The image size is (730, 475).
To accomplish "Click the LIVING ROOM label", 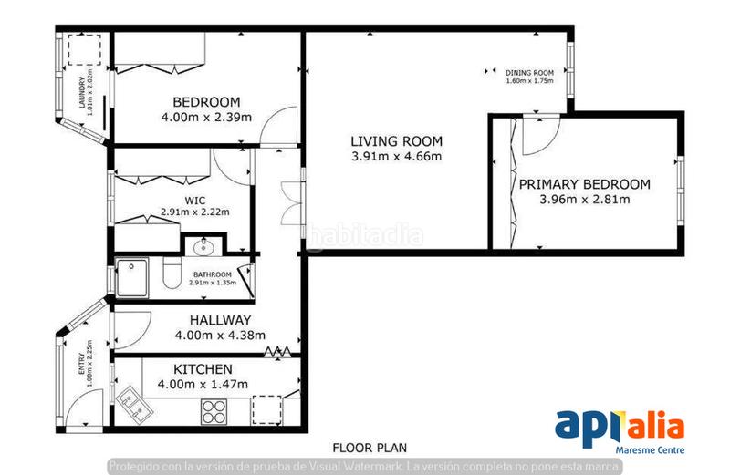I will pos(397,141).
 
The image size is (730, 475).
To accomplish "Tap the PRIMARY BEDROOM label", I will pos(585,184).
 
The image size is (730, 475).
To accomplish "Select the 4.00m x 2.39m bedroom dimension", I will pos(206,117).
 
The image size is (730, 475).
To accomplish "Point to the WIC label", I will pos(193,201).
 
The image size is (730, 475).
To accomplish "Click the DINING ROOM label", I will pos(530,73).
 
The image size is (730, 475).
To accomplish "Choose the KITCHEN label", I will pos(203,369).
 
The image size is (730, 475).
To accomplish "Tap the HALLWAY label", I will pos(220,320).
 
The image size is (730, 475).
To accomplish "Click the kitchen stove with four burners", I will pos(214,412).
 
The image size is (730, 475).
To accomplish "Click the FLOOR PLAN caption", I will pos(370,448).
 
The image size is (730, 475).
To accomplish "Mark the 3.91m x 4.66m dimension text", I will pos(397,156).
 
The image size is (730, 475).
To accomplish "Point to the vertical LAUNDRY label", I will pos(82,94).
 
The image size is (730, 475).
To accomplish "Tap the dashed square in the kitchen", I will pos(266,408).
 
